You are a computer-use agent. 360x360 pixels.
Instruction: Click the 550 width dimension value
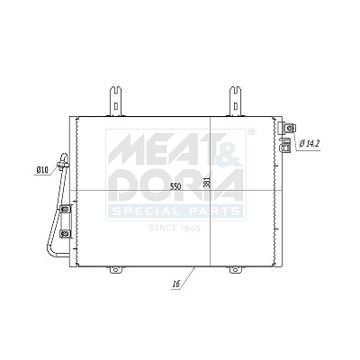(x=175, y=186)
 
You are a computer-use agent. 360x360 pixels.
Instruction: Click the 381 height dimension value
(x=207, y=182)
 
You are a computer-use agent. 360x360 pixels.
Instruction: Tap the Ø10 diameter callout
(x=42, y=170)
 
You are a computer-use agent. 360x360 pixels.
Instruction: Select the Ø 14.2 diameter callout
(x=310, y=144)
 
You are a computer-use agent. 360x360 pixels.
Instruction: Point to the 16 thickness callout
(x=176, y=283)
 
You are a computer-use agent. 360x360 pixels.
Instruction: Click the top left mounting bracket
(x=115, y=101)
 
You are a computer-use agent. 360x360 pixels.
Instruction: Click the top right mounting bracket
(x=236, y=101)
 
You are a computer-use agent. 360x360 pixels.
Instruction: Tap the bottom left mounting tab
(x=116, y=270)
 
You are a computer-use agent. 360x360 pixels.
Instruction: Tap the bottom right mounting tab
(x=236, y=270)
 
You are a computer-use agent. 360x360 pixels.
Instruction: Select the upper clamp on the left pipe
(x=66, y=209)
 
